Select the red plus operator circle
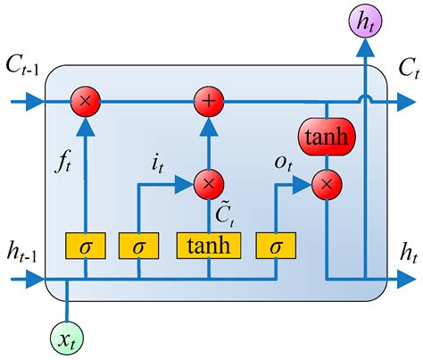pyautogui.click(x=209, y=102)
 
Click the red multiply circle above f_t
pyautogui.click(x=86, y=102)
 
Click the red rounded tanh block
pyautogui.click(x=328, y=138)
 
